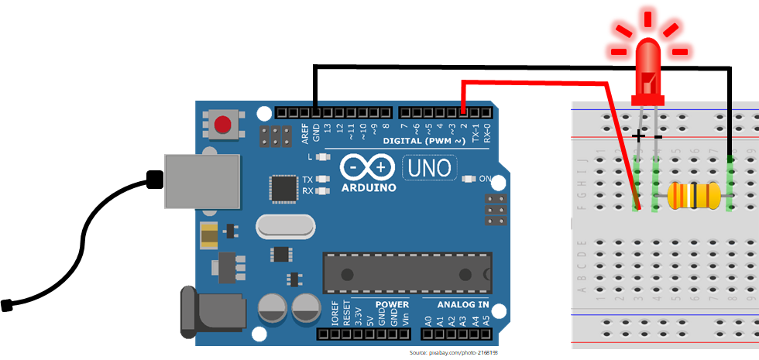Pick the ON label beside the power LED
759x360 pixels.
coord(486,179)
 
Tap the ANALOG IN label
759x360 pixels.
coord(457,304)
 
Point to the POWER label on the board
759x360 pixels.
coord(392,304)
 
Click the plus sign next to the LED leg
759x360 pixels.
coord(637,136)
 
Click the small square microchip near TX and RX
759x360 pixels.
coord(283,187)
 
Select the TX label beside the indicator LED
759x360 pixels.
coord(307,179)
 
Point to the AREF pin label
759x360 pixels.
coord(306,132)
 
